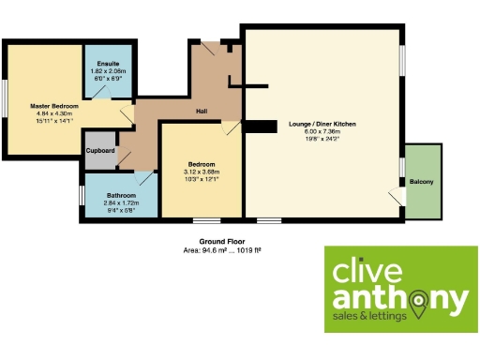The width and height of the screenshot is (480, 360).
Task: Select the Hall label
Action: tap(201, 112)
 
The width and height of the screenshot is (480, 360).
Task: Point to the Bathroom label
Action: tap(121, 195)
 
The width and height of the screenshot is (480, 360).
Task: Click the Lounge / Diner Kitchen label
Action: tap(324, 124)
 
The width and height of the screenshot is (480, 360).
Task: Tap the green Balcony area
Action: tap(423, 181)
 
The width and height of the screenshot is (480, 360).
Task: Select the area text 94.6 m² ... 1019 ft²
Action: tap(221, 250)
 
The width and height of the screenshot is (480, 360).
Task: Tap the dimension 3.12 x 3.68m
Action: tap(200, 172)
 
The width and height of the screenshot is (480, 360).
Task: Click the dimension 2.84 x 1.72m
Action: tap(121, 202)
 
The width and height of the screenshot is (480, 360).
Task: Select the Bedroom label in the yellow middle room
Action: tap(200, 164)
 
